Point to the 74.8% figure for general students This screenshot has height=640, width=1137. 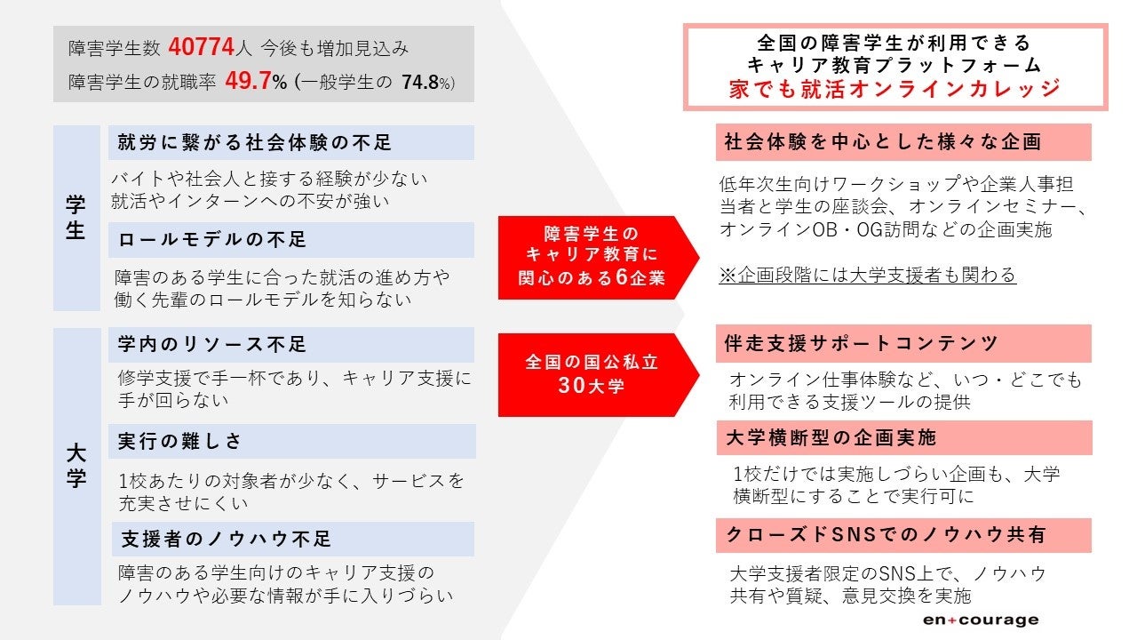[x=427, y=83]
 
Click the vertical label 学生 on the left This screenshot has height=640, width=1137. [x=76, y=218]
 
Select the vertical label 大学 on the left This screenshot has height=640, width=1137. [x=76, y=466]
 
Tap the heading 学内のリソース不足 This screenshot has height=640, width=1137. [x=212, y=344]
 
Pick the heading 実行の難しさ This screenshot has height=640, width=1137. [x=180, y=442]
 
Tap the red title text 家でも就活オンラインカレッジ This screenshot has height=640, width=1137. [x=894, y=88]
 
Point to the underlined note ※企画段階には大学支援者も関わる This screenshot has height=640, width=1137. [x=867, y=276]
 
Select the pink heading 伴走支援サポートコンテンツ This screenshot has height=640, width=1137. [x=862, y=343]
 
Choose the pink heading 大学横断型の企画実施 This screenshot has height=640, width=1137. [x=831, y=437]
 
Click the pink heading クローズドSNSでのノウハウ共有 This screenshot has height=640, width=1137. [x=886, y=535]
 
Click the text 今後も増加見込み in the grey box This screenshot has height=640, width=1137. [x=322, y=48]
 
